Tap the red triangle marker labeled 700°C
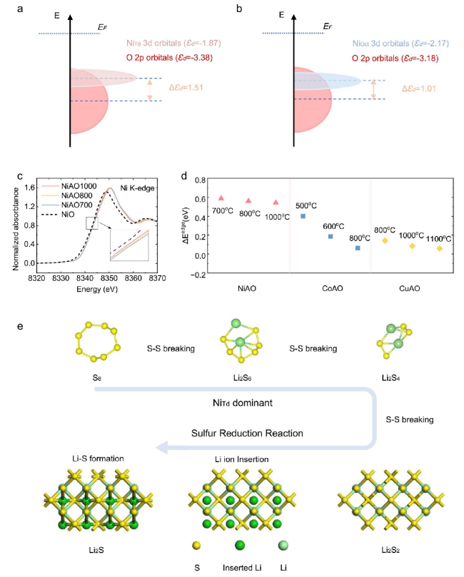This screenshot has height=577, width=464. (221, 198)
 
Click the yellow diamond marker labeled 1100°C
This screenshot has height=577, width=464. (439, 248)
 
